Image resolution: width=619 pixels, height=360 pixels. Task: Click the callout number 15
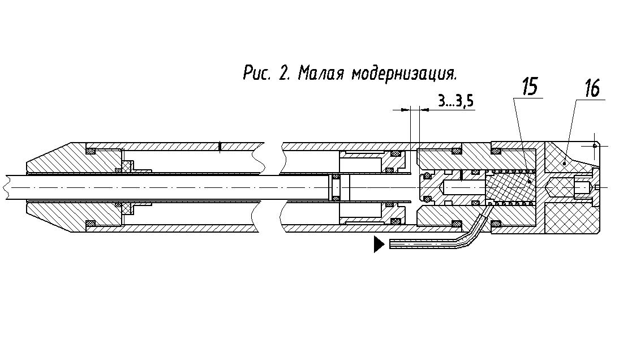(x=530, y=87)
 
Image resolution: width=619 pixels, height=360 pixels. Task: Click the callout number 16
(x=592, y=88)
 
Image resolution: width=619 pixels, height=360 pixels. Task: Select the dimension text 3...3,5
(x=455, y=101)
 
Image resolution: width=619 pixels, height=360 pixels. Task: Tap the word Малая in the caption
(x=321, y=73)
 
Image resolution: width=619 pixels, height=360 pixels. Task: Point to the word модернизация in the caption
(x=404, y=74)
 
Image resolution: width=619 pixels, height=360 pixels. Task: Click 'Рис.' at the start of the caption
(x=257, y=73)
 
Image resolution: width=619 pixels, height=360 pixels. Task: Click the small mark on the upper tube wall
(x=220, y=147)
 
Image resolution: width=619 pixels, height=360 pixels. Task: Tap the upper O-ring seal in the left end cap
(x=91, y=151)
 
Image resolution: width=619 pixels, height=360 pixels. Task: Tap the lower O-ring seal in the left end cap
(x=91, y=224)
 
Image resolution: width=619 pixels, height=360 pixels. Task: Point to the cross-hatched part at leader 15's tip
(x=510, y=187)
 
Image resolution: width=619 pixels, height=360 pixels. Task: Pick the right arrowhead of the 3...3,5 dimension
(x=424, y=110)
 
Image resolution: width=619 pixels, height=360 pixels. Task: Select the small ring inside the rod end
(x=336, y=187)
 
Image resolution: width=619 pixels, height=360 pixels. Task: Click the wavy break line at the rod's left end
(x=7, y=187)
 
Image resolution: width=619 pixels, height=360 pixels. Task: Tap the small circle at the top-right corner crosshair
(x=595, y=145)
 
